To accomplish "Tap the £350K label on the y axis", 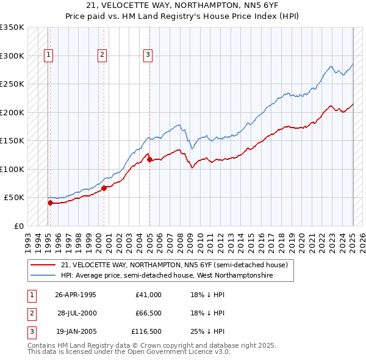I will pyautogui.click(x=12, y=27).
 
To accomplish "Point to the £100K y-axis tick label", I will pyautogui.click(x=12, y=169).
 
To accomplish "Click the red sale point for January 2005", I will pyautogui.click(x=149, y=160).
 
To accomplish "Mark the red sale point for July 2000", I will pyautogui.click(x=104, y=188).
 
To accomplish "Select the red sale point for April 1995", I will pyautogui.click(x=50, y=203).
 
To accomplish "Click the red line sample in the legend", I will pyautogui.click(x=43, y=265).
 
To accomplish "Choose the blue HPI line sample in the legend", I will pyautogui.click(x=43, y=275).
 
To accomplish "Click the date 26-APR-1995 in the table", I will pyautogui.click(x=76, y=295).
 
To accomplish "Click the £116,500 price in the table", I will pyautogui.click(x=146, y=332).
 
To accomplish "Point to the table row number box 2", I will pyautogui.click(x=30, y=314).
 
